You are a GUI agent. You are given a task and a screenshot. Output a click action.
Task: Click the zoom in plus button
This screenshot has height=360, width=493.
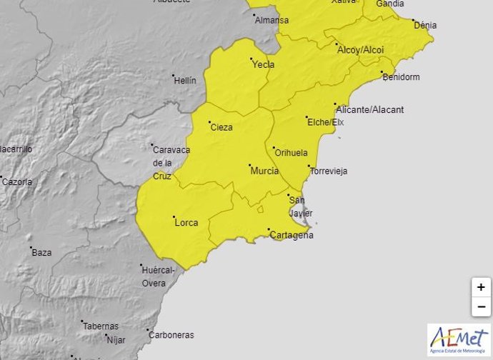[x=481, y=287]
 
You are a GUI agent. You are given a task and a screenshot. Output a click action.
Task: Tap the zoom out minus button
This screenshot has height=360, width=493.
[x=481, y=307]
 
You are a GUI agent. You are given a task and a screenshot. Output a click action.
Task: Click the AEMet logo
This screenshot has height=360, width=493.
[x=459, y=339]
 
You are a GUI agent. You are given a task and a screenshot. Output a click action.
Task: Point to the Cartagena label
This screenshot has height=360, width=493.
[x=291, y=236]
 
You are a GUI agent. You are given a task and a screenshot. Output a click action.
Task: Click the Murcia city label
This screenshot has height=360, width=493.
[x=264, y=171]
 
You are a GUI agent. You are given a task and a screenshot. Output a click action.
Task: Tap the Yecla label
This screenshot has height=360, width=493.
[x=263, y=64]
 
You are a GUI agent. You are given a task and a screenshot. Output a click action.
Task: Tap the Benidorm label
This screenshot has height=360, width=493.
[x=401, y=77]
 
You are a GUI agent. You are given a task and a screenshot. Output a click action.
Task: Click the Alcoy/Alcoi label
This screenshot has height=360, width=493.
[x=360, y=50]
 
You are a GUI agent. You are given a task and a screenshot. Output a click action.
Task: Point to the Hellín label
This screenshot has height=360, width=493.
[x=185, y=81]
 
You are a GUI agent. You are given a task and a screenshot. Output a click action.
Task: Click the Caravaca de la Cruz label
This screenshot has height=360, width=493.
[x=170, y=162]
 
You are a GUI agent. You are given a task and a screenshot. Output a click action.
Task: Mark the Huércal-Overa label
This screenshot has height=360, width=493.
[x=159, y=276]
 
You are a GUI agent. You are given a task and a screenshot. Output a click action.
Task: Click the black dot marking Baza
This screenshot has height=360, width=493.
[x=31, y=247]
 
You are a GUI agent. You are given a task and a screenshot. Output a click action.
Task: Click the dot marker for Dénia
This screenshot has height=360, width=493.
[x=413, y=21]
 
